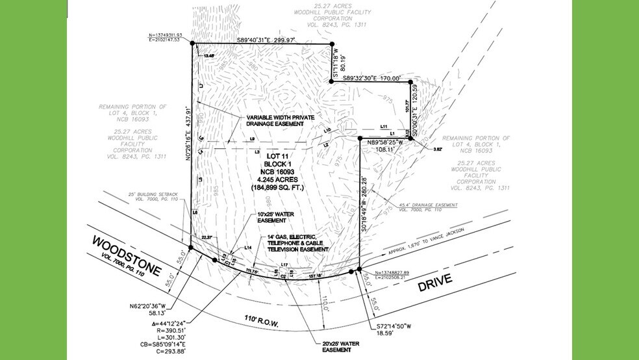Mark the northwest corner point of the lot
pos(193,44)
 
